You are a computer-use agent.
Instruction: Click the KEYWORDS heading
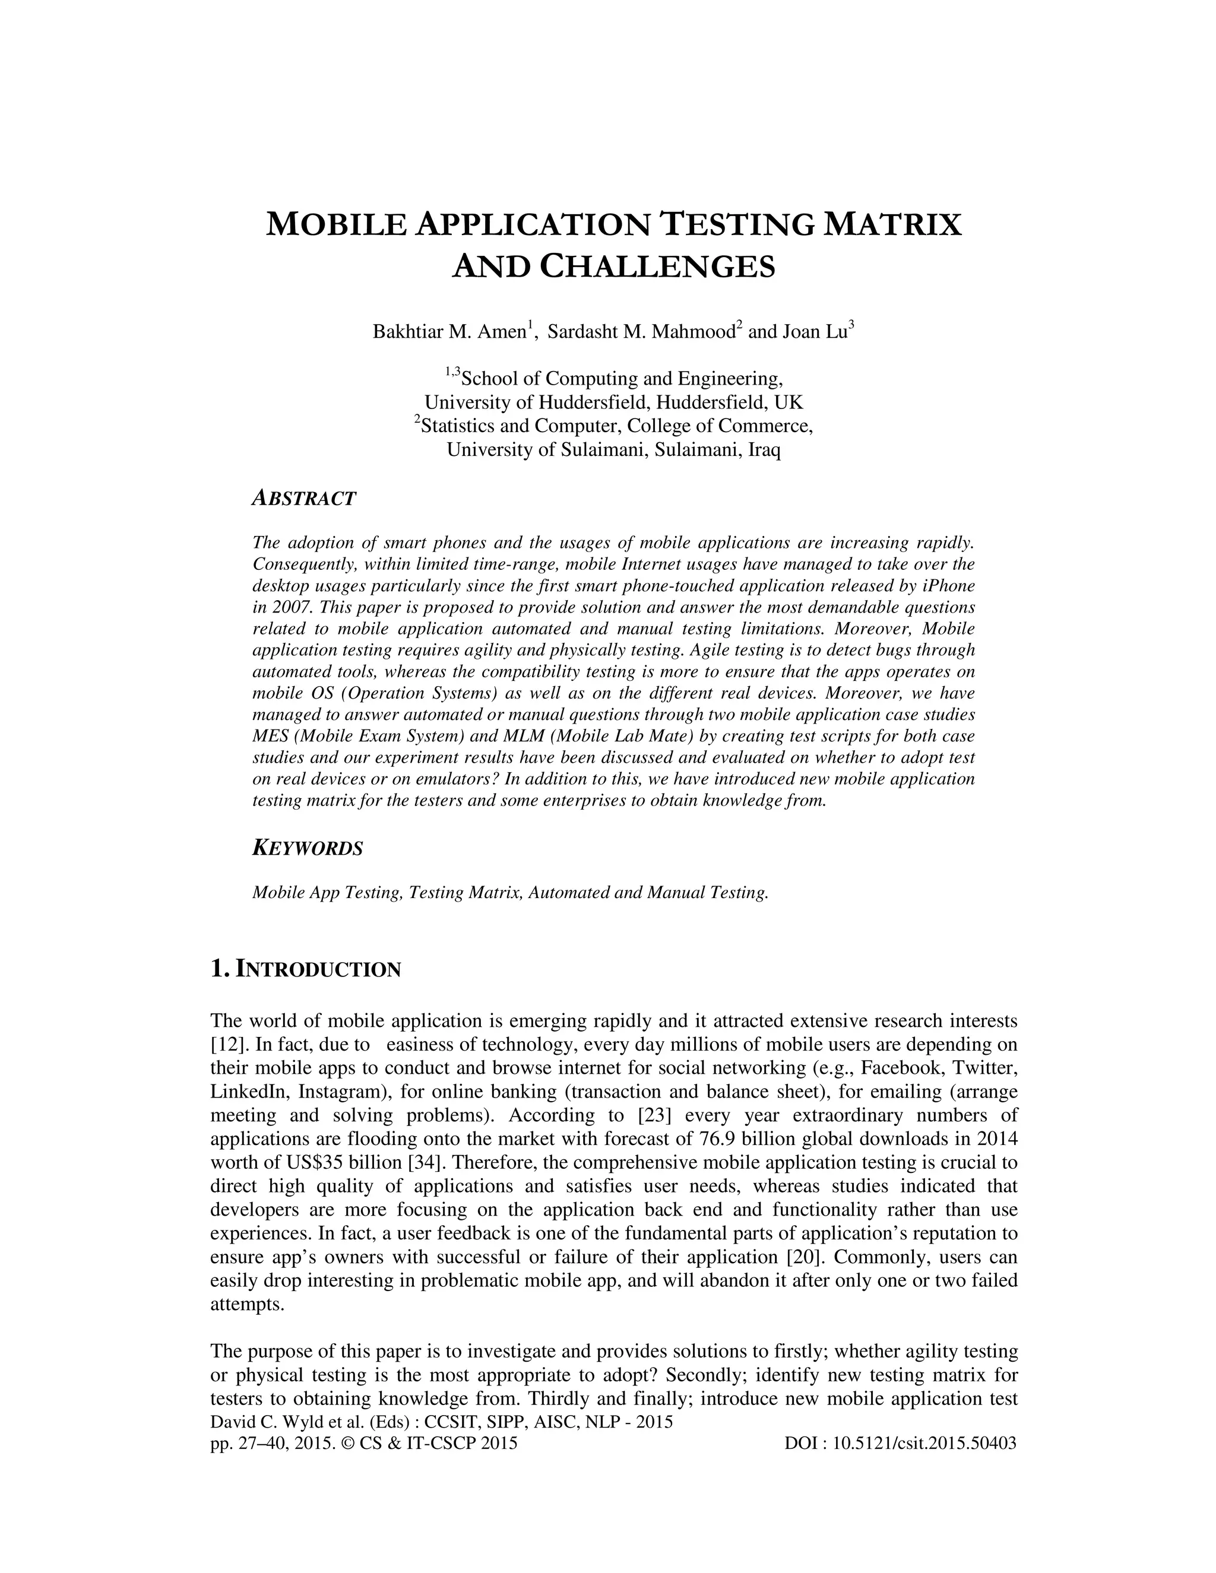308,848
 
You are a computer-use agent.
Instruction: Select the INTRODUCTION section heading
318,969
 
